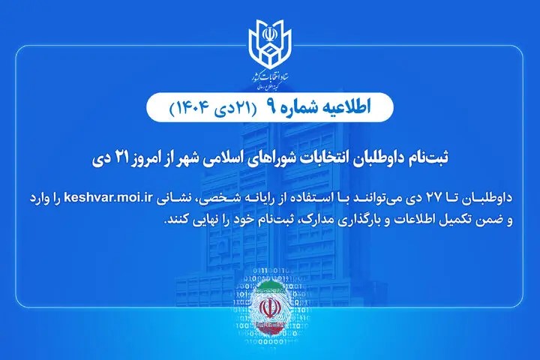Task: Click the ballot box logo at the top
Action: pos(270,44)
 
